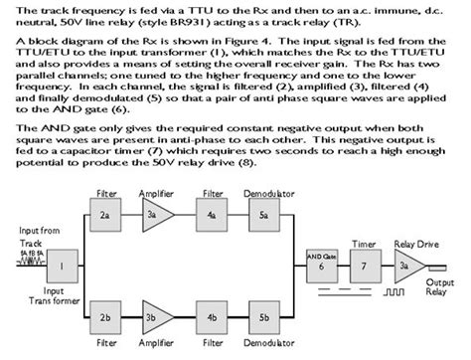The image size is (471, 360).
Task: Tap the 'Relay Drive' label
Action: click(x=416, y=240)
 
